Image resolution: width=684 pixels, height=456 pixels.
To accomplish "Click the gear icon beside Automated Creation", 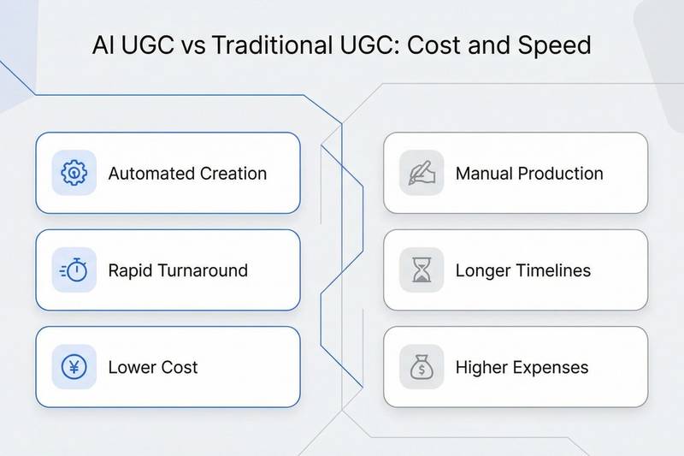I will click(74, 173).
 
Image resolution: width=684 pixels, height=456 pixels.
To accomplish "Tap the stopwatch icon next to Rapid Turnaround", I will click(74, 270).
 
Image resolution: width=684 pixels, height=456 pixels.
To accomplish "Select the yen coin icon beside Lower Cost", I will click(74, 368).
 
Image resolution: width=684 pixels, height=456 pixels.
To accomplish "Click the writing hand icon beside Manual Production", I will click(422, 173).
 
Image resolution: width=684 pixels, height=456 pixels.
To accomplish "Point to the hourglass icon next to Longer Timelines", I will click(422, 270).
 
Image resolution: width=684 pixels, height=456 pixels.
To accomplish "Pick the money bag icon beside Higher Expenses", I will click(422, 368).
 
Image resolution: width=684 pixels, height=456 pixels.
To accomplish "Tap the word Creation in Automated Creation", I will click(233, 174).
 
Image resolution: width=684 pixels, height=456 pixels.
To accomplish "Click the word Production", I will click(561, 174).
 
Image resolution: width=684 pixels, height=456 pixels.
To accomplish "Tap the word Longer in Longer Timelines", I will click(485, 271).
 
